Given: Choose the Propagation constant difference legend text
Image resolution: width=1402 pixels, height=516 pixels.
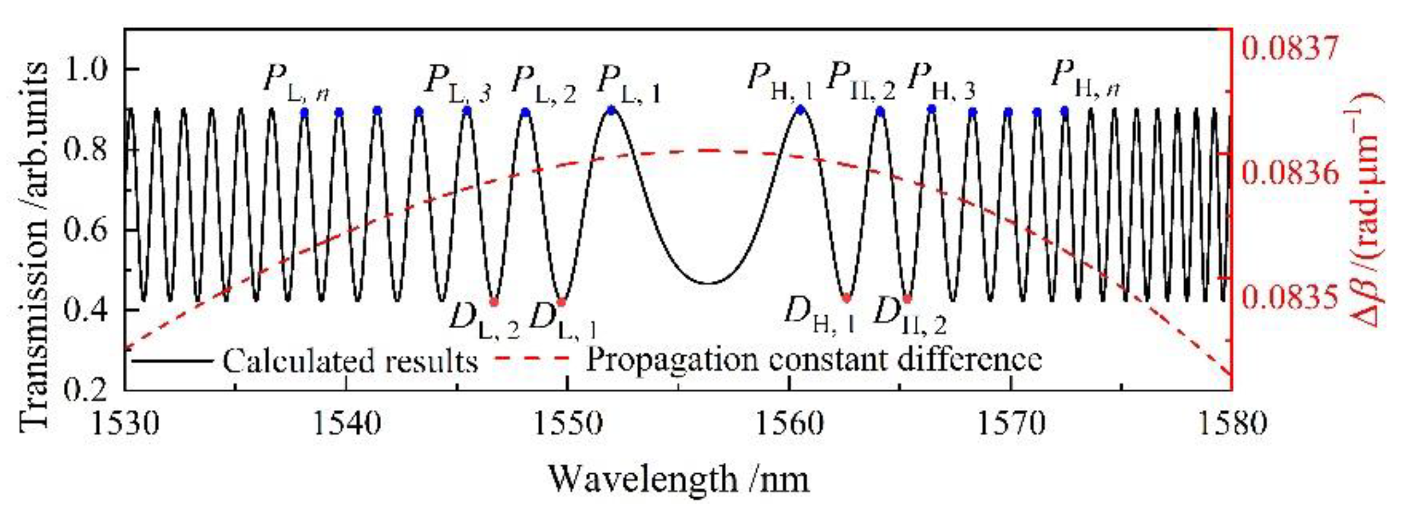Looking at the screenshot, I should pyautogui.click(x=814, y=359).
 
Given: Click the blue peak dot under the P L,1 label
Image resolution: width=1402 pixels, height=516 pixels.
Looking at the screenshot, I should pyautogui.click(x=612, y=110).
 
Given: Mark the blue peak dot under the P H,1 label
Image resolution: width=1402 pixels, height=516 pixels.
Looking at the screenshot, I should pyautogui.click(x=800, y=109).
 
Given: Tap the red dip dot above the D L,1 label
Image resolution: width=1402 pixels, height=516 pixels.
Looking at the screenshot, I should pyautogui.click(x=561, y=302).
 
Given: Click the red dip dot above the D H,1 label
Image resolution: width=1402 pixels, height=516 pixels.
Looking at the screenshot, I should pyautogui.click(x=846, y=298).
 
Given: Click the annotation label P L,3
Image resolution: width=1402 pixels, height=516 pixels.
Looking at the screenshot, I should pyautogui.click(x=457, y=82).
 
